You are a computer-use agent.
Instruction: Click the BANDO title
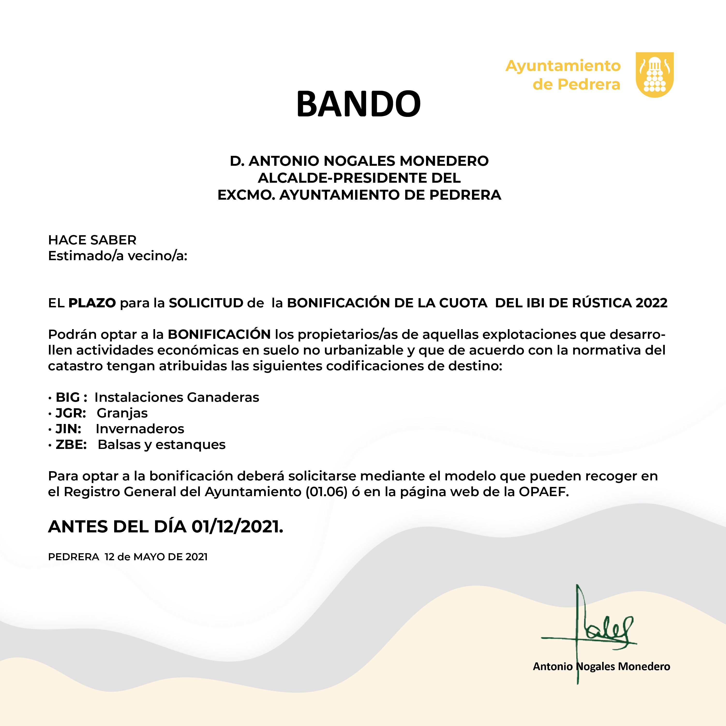pyautogui.click(x=359, y=104)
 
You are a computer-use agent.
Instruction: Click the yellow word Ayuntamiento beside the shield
pyautogui.click(x=562, y=66)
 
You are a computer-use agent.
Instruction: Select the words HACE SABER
pyautogui.click(x=92, y=240)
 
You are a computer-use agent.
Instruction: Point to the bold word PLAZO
pyautogui.click(x=92, y=303)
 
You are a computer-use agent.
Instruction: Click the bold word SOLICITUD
pyautogui.click(x=206, y=303)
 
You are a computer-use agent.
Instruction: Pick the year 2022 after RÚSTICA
pyautogui.click(x=651, y=303)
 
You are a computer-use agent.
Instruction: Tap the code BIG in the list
pyautogui.click(x=68, y=397)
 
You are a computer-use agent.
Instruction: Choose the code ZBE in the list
pyautogui.click(x=71, y=444)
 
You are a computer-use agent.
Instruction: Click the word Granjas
pyautogui.click(x=122, y=413)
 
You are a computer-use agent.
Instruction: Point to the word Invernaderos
pyautogui.click(x=140, y=429)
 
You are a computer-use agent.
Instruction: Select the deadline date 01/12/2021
pyautogui.click(x=237, y=526)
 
